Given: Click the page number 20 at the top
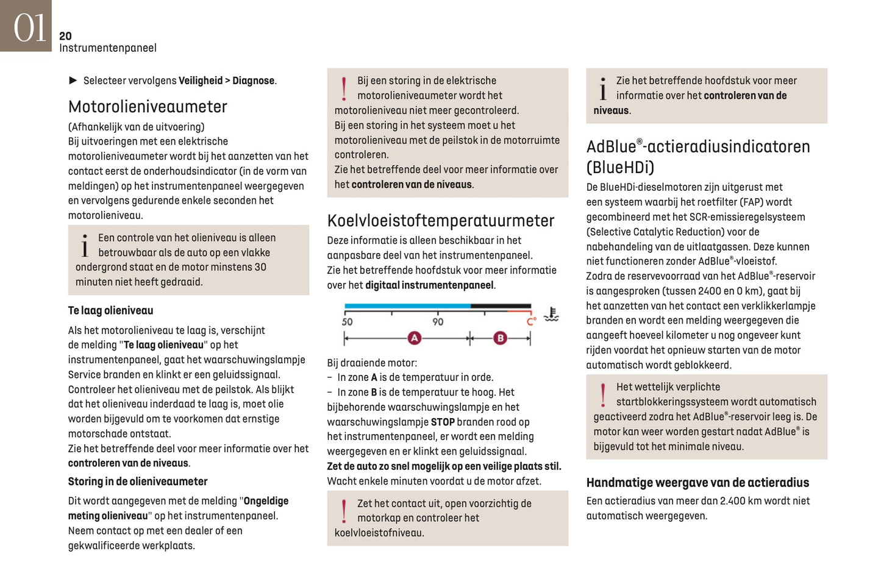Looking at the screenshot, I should coord(65,36).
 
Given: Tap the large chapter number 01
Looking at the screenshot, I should coord(29,28).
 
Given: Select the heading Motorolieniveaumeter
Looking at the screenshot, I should coord(148,107).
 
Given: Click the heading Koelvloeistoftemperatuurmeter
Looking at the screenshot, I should coord(440,221).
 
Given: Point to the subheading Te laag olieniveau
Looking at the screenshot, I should coord(110,310).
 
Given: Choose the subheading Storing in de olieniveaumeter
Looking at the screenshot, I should coord(137,481).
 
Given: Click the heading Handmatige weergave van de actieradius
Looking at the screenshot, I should coord(697,482).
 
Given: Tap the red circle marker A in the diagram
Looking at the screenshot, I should coord(415,338).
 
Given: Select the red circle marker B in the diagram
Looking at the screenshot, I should coord(500,338).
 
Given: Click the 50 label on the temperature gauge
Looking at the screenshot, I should coord(347,321).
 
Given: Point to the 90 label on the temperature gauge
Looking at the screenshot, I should coord(438,321).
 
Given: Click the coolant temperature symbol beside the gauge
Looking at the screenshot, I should coord(551,314).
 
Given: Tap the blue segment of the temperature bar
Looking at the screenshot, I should coord(407,306).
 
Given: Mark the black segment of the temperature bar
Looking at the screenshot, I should coord(501,306).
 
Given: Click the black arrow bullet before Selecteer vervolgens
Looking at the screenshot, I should coord(73,80).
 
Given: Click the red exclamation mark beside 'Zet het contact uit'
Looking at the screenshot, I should coord(344,511).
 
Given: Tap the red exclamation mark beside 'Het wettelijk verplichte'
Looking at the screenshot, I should coord(603,394).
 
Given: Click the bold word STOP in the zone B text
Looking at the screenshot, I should coord(443,422).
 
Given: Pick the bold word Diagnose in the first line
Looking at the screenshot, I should coord(253,80).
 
